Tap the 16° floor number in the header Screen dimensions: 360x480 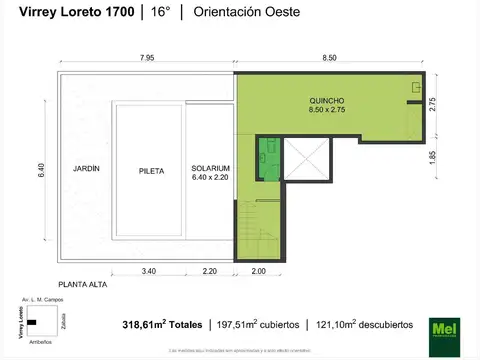click(x=160, y=12)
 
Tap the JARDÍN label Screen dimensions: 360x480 click(x=86, y=170)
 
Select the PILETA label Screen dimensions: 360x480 click(x=151, y=171)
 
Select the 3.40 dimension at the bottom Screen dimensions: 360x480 click(x=149, y=272)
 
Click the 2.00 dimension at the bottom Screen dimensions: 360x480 click(x=259, y=272)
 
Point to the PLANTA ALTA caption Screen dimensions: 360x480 click(x=84, y=284)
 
